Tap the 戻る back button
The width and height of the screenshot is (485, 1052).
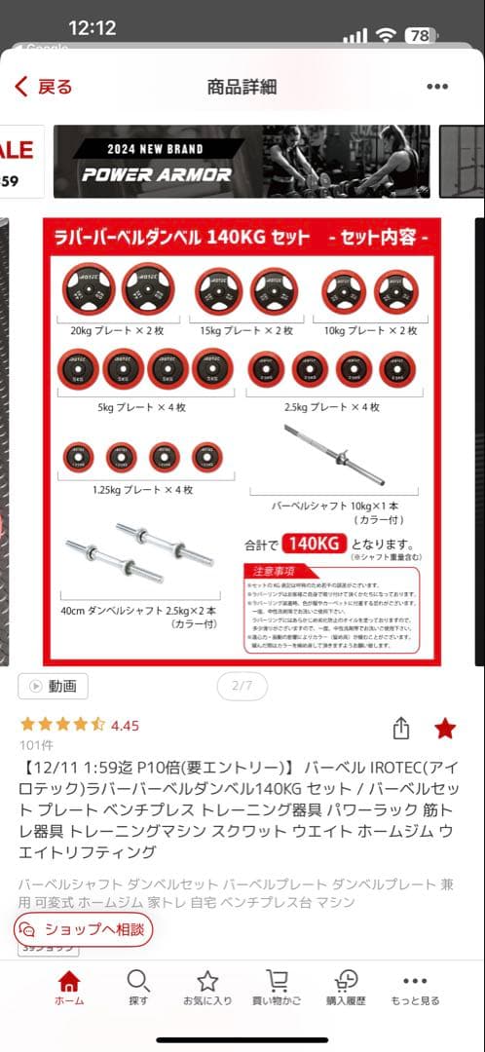point(44,87)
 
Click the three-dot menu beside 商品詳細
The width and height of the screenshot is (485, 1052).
point(437,87)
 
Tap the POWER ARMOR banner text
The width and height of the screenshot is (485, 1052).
point(157,175)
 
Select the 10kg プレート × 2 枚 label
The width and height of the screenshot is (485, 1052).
point(371,330)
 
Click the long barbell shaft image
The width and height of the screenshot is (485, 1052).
point(334,455)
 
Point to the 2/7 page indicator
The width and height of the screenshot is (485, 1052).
point(242,686)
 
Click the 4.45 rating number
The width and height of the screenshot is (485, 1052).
point(125,726)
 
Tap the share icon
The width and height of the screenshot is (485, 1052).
point(400,729)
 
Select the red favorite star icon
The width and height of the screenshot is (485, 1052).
point(445,729)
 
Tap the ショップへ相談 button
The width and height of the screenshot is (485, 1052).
point(84,929)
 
